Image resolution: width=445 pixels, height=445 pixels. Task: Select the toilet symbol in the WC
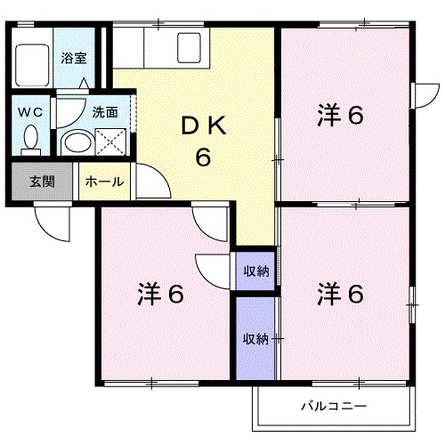[x=32, y=138]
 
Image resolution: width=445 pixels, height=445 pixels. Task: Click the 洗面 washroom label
[x=105, y=112]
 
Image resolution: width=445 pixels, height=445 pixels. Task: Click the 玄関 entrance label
[x=42, y=182]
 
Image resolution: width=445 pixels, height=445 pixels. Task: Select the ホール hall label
[x=104, y=182]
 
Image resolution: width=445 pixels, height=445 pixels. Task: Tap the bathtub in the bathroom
[x=31, y=60]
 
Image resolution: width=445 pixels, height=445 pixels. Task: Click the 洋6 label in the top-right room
[x=340, y=116]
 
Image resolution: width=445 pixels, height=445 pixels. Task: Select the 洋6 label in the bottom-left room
[x=160, y=294]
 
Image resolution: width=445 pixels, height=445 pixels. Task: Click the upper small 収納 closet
[x=256, y=271]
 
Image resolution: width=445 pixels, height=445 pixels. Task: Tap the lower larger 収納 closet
[x=256, y=338]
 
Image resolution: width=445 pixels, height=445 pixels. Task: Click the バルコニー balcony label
[x=334, y=407]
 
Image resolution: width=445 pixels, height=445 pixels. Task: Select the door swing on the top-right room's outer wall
[x=425, y=95]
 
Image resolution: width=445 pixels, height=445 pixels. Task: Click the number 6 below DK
[x=203, y=158]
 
